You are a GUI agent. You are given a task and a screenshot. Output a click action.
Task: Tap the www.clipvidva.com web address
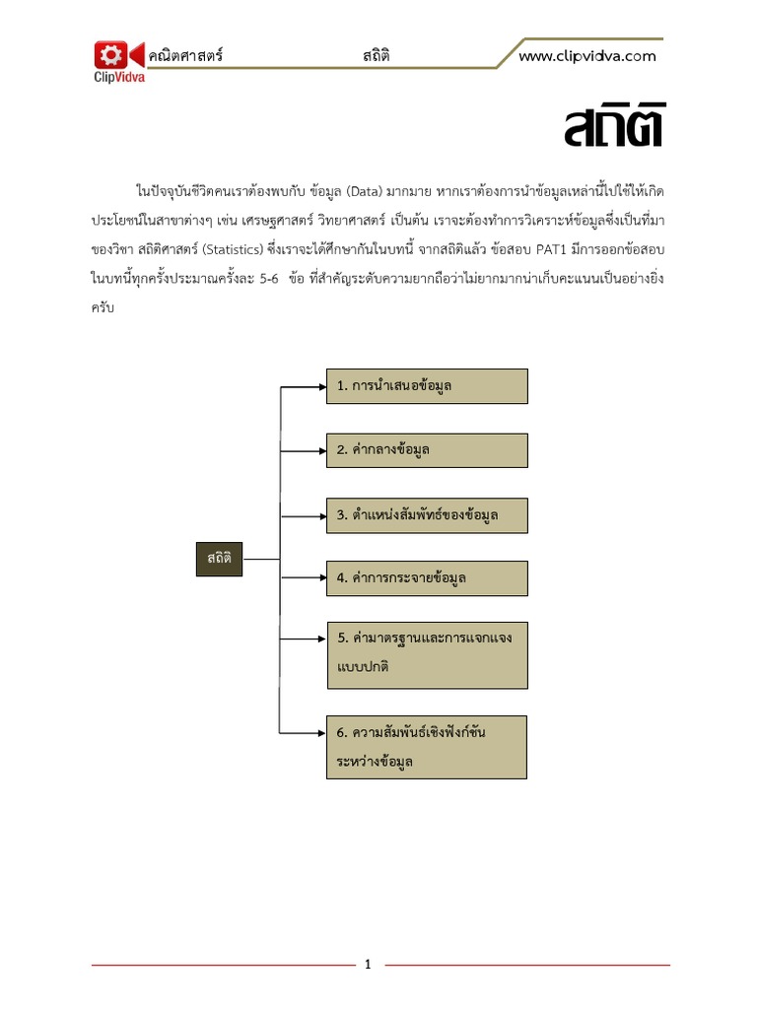click(x=586, y=56)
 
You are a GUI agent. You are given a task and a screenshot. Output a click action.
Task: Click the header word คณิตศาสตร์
click(x=184, y=56)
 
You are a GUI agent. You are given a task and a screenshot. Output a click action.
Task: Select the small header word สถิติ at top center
click(x=375, y=56)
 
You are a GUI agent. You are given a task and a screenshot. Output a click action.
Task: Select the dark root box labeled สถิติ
click(x=219, y=559)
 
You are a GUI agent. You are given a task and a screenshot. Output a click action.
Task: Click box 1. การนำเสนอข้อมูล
click(x=427, y=386)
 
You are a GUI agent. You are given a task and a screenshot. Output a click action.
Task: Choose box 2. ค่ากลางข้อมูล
click(x=427, y=450)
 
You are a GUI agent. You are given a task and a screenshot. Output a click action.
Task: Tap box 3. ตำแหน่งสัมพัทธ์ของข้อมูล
click(x=427, y=515)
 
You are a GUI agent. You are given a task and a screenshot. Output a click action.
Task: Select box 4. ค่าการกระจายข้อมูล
click(x=427, y=578)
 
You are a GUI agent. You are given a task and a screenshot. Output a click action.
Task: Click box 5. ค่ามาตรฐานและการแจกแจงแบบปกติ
click(x=427, y=653)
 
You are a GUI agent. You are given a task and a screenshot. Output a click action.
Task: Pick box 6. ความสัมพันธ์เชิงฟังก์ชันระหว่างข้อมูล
click(x=427, y=747)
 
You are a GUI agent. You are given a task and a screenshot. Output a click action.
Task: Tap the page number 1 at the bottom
click(x=368, y=965)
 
